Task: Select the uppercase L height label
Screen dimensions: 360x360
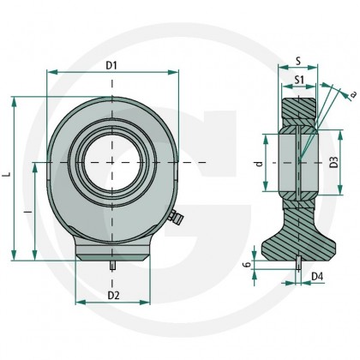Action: point(7,174)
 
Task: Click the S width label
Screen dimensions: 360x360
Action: point(296,61)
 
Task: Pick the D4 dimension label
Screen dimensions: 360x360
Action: point(317,276)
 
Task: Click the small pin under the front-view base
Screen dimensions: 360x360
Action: point(113,267)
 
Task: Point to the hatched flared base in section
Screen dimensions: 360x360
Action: point(299,240)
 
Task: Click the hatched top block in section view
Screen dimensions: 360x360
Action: point(299,110)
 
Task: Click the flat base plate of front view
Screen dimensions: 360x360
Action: point(113,253)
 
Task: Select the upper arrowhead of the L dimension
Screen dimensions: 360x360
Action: point(15,99)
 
